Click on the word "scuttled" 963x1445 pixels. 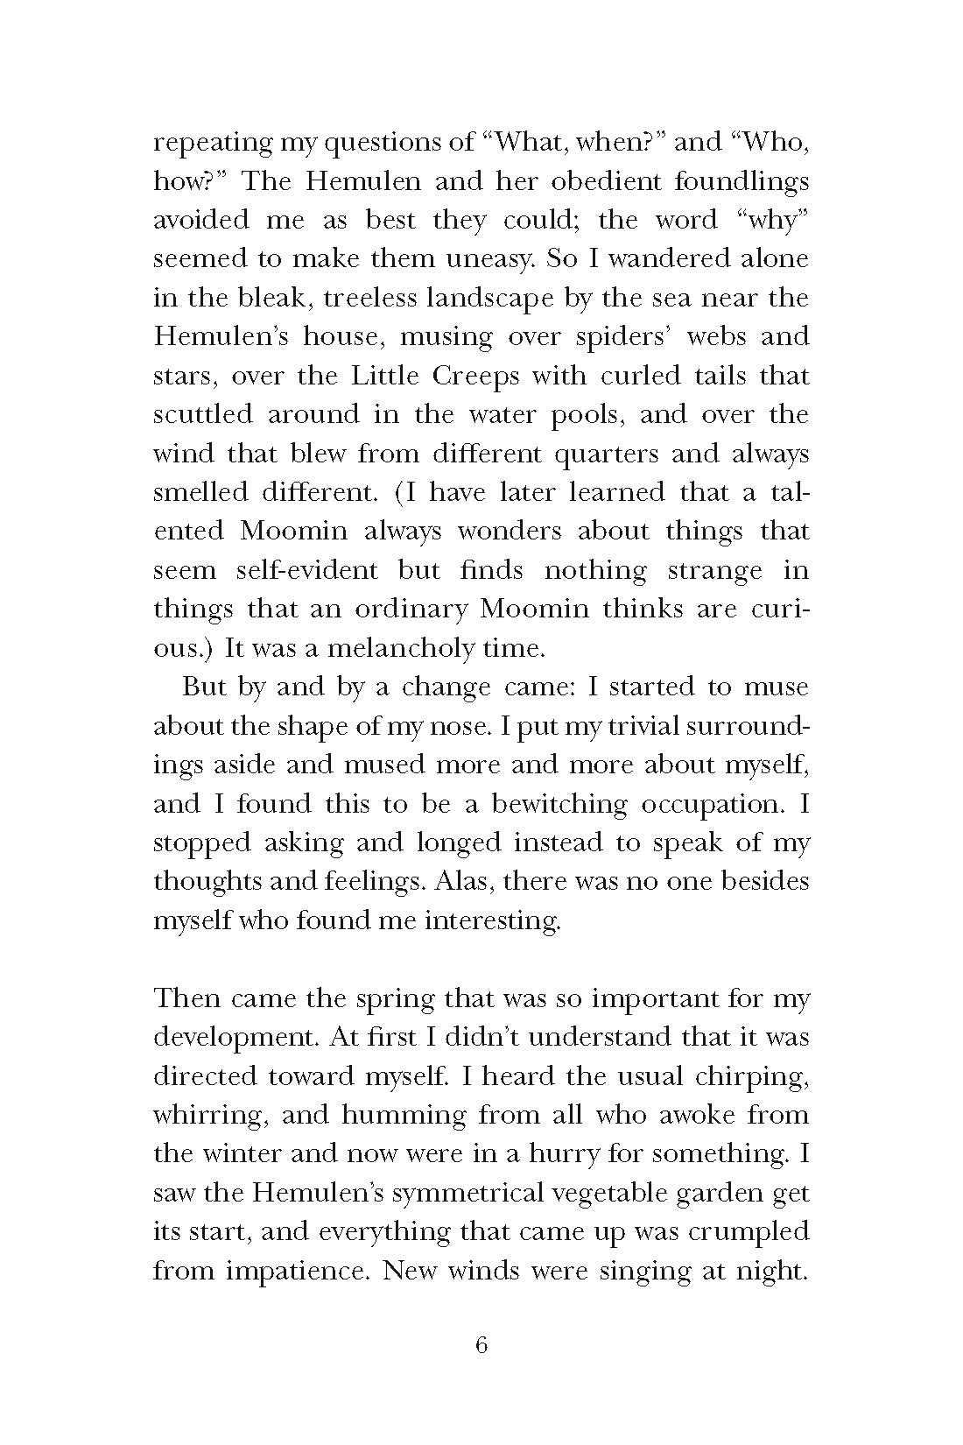click(x=202, y=414)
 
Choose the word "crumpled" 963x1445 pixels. click(x=749, y=1232)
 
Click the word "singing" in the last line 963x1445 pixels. click(x=641, y=1272)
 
